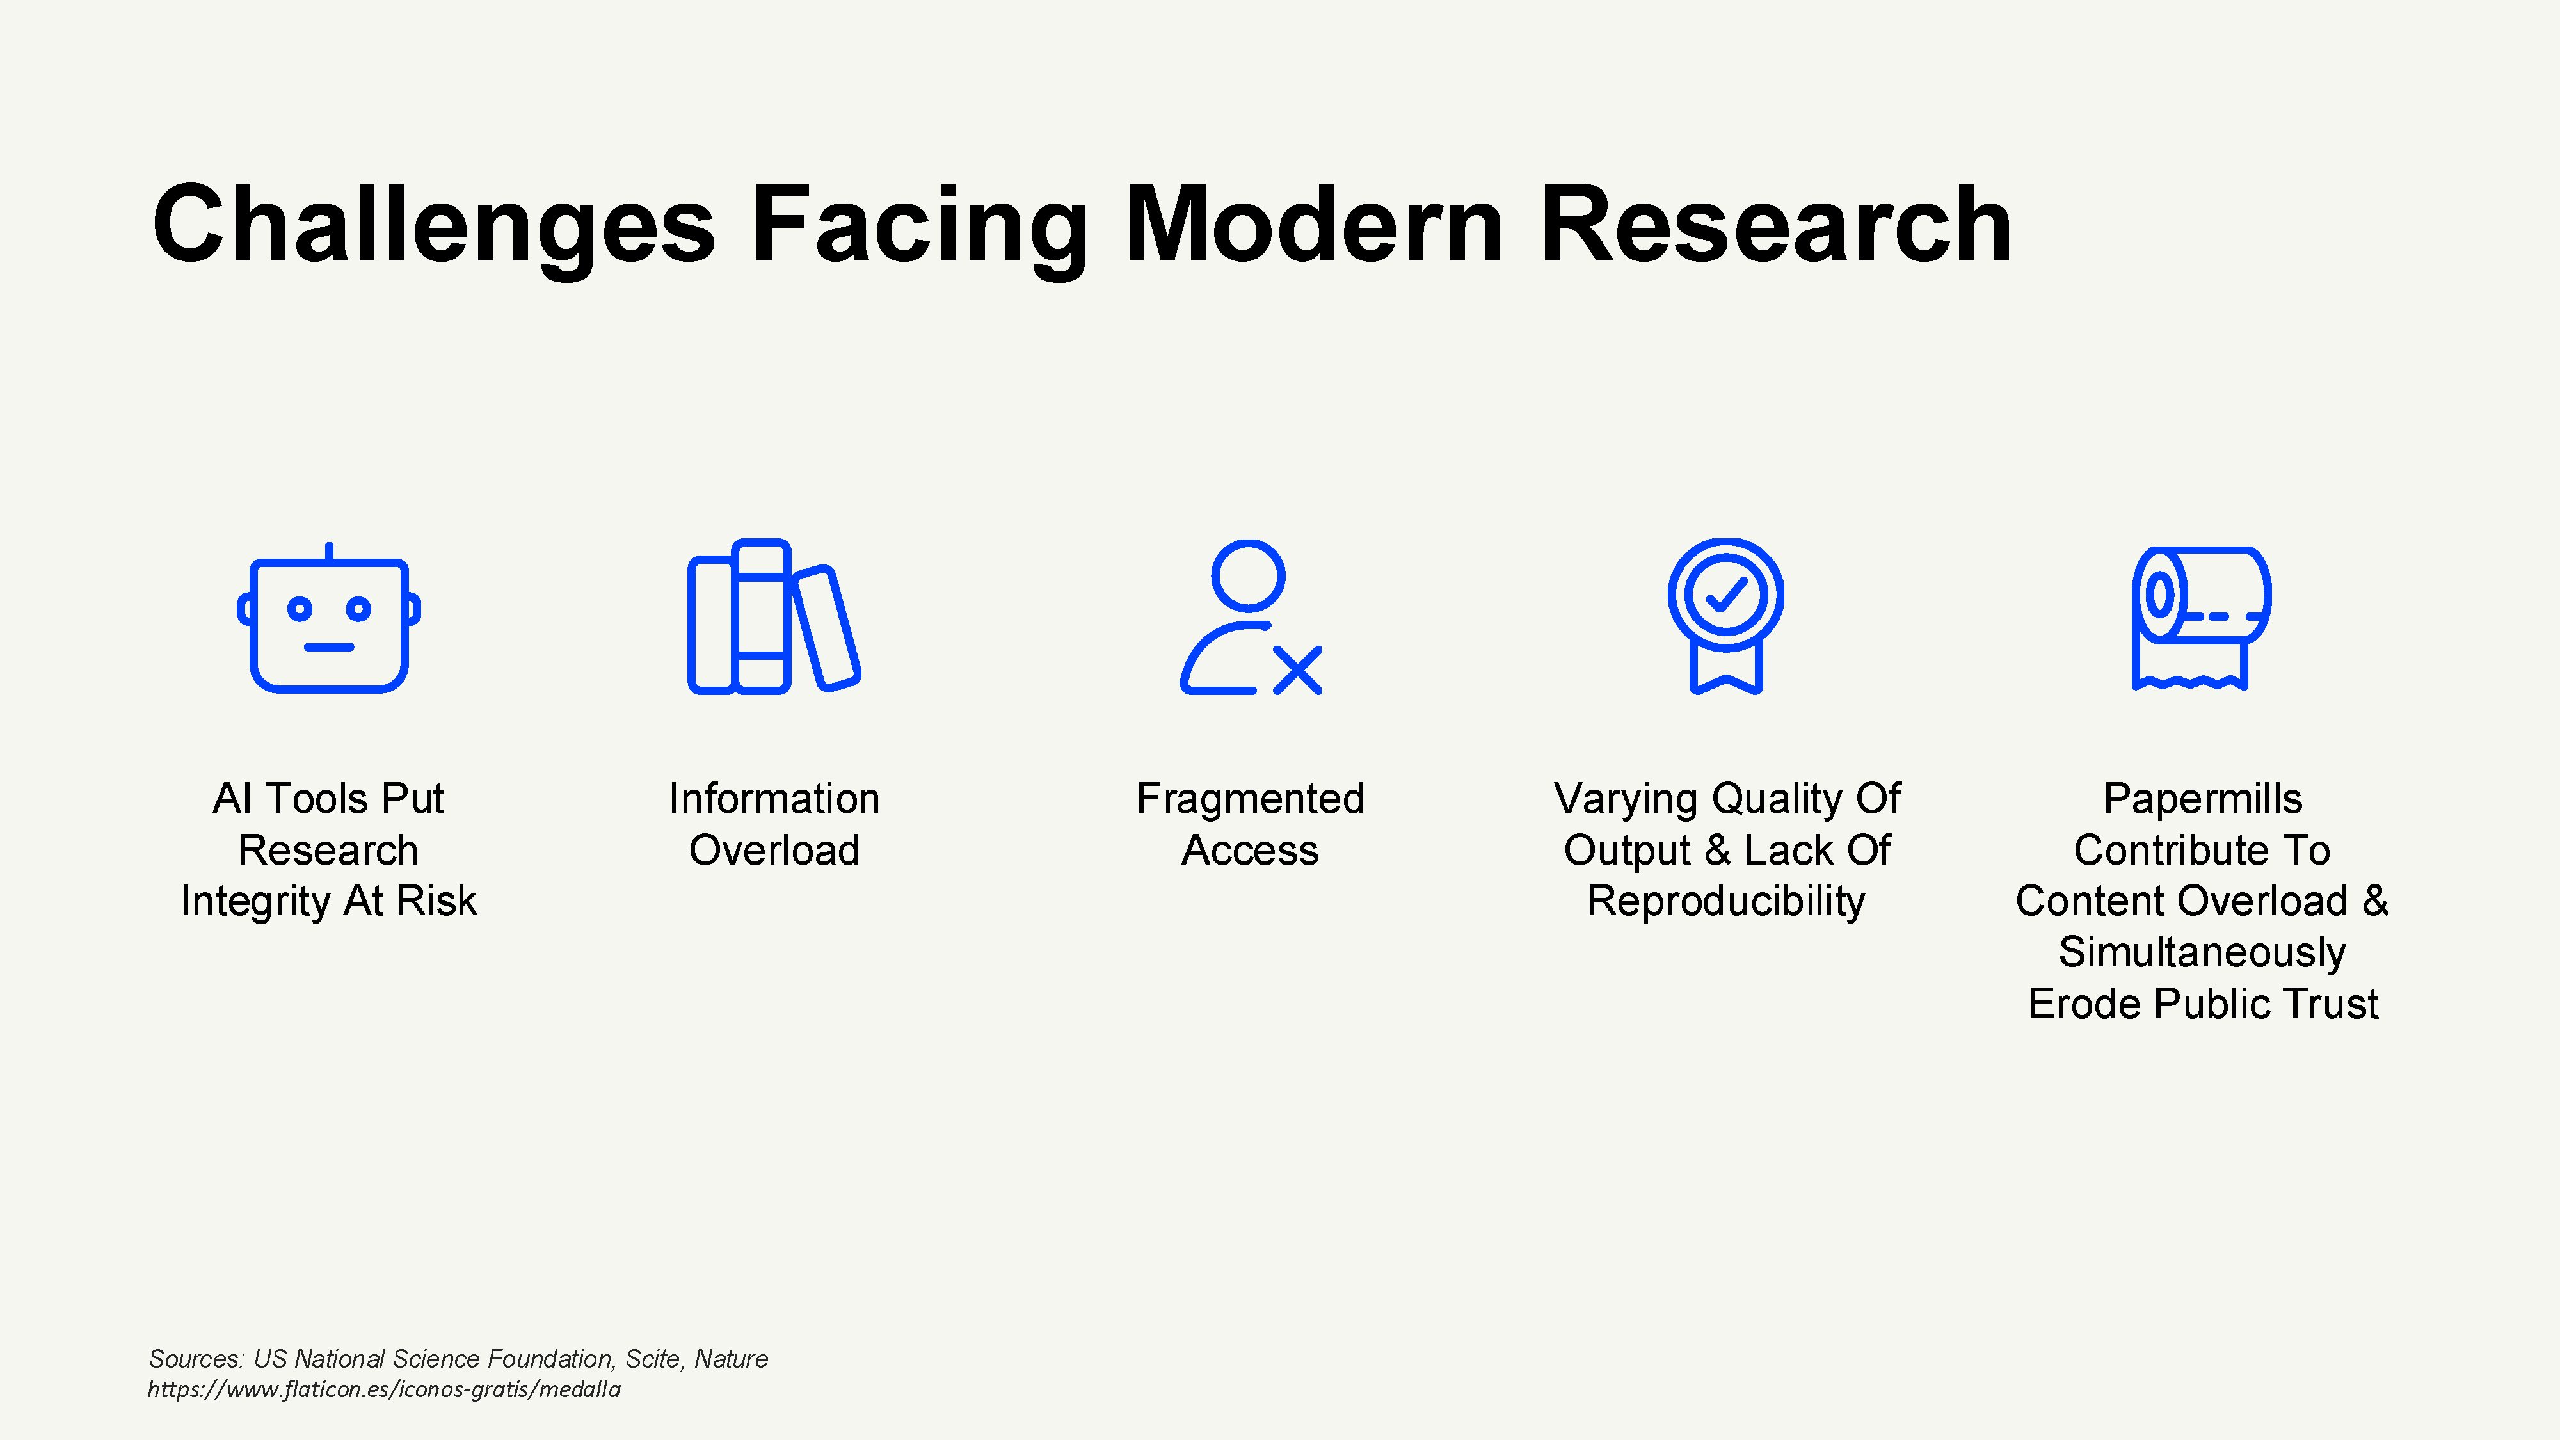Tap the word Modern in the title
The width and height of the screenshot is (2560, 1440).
[x=1314, y=227]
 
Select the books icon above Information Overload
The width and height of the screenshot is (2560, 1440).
[x=773, y=617]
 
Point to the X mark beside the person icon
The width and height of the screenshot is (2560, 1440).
[x=1297, y=670]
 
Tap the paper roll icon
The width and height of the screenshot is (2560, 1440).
[x=2200, y=617]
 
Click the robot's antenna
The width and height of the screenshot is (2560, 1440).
[x=329, y=550]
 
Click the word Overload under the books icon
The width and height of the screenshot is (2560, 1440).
[x=774, y=851]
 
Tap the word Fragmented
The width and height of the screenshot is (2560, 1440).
[x=1250, y=799]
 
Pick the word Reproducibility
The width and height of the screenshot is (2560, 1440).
[x=1726, y=901]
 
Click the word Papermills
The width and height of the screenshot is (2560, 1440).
[x=2202, y=799]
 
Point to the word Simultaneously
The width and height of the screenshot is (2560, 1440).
[x=2202, y=953]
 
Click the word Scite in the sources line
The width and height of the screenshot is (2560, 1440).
[x=653, y=1359]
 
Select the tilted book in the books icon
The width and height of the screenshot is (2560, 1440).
[x=826, y=627]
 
